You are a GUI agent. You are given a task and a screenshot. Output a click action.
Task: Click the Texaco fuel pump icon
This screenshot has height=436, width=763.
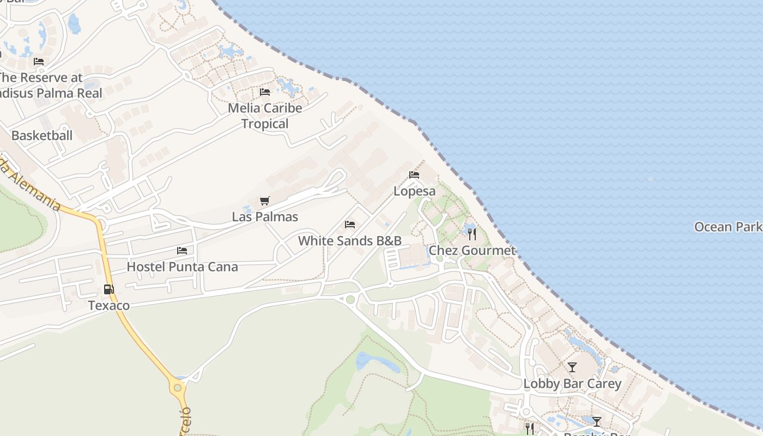[x=109, y=289]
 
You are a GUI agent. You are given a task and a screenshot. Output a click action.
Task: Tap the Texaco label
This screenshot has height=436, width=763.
[x=109, y=305]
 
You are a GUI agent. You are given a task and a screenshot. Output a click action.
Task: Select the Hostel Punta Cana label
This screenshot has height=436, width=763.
[x=182, y=267]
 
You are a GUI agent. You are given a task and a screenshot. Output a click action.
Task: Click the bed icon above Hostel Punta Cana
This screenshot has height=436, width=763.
[x=182, y=251]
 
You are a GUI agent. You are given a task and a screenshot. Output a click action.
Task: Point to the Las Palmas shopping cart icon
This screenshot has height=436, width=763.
[x=264, y=201]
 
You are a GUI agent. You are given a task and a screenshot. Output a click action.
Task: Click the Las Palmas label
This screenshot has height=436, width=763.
[x=265, y=216]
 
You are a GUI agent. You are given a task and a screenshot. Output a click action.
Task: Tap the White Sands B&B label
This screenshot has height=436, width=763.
[x=350, y=240]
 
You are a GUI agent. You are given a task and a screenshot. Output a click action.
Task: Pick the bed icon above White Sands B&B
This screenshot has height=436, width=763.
[x=350, y=225]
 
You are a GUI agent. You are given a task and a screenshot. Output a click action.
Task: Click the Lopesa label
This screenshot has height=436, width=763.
[x=415, y=191]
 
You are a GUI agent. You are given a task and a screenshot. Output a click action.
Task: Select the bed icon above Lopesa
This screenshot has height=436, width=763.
[x=414, y=175]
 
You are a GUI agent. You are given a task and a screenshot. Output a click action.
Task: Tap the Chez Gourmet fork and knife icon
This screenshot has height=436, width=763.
[x=472, y=234]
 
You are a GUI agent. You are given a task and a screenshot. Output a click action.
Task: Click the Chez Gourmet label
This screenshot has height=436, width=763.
[x=472, y=250]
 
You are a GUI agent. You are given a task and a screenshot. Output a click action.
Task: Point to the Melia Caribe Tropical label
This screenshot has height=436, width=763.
[x=265, y=116]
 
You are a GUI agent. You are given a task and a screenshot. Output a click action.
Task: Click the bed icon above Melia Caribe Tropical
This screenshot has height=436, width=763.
[x=265, y=92]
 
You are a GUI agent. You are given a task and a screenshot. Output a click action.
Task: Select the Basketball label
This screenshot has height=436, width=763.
[x=42, y=135]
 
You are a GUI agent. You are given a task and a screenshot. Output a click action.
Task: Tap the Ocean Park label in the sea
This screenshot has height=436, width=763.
[x=728, y=227]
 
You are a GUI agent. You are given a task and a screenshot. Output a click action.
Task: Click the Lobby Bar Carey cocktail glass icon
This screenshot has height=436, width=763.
[x=572, y=367]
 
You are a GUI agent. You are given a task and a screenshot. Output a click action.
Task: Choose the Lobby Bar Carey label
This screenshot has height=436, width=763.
[x=572, y=384]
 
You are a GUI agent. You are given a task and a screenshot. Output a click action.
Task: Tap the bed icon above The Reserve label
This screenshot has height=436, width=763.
[x=39, y=61]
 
